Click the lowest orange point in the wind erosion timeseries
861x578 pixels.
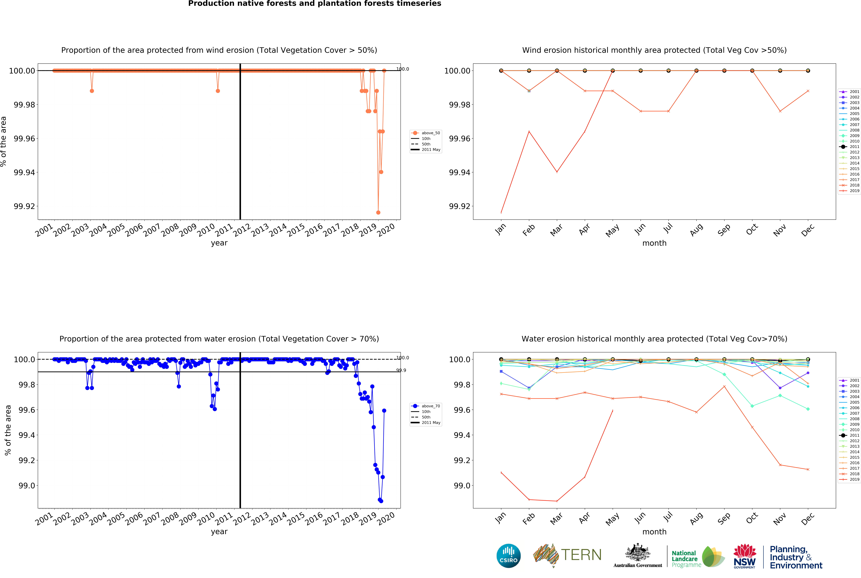(x=378, y=212)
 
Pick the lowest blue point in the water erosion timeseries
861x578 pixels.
(x=381, y=501)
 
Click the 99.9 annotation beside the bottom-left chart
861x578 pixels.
(x=401, y=370)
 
